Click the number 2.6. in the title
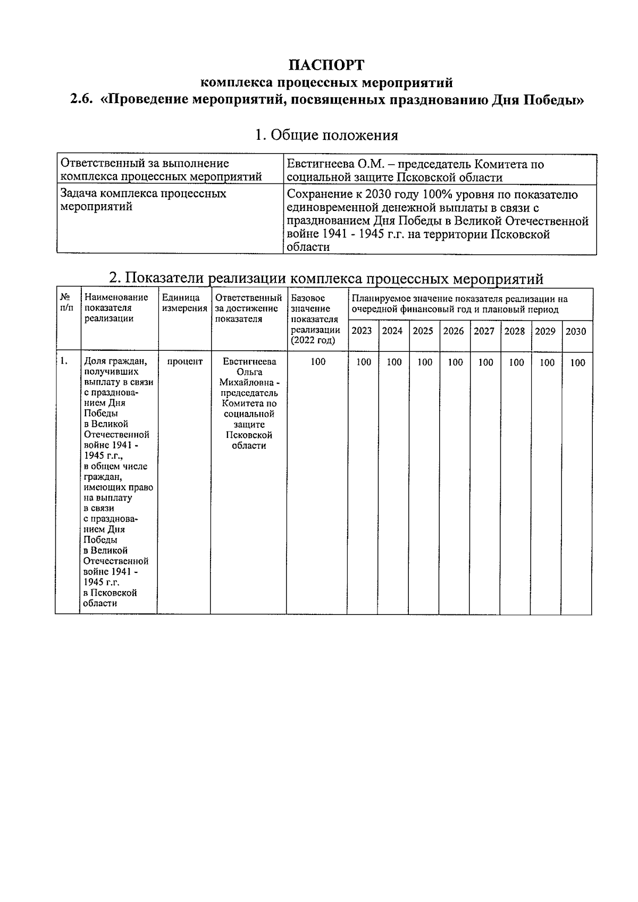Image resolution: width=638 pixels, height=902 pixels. point(82,100)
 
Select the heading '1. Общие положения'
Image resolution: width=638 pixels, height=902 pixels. point(326,135)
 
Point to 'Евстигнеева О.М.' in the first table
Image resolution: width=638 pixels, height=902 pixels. point(332,164)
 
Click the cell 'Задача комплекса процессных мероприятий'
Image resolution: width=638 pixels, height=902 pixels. point(144,200)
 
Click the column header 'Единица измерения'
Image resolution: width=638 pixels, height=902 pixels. point(184,303)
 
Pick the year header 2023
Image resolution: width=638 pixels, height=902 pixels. point(362,331)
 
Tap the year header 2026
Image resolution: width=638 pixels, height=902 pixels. point(454,331)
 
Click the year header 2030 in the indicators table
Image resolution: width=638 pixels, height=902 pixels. point(576,332)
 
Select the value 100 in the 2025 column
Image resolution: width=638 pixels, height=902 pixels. point(424,363)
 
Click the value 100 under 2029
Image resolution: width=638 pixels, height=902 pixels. point(547,363)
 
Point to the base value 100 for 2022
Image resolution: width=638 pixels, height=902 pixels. point(318,362)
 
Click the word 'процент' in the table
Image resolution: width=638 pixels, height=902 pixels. point(184,362)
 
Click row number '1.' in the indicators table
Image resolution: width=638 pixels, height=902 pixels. point(64,361)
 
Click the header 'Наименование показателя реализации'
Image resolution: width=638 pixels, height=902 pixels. point(116,308)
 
